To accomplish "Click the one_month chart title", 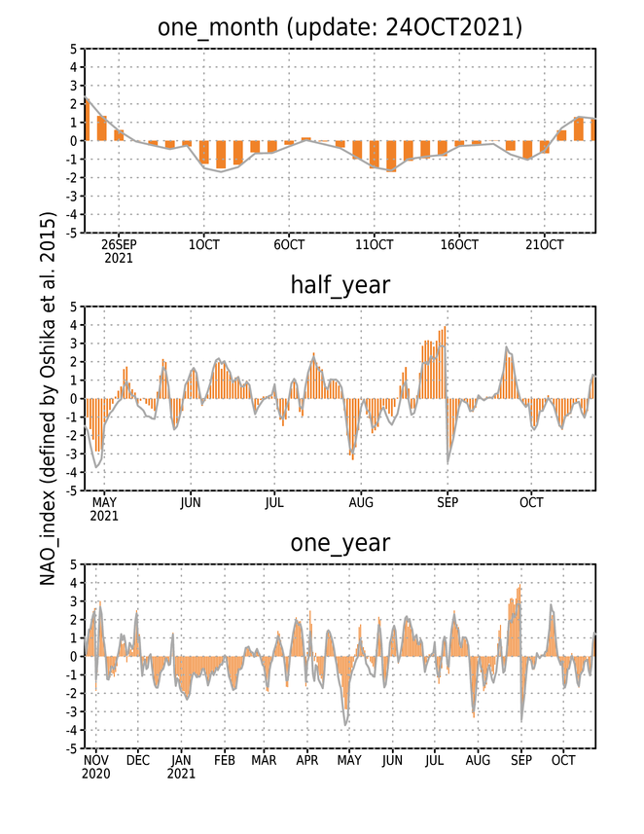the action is (x=340, y=27).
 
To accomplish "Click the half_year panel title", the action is (x=340, y=285).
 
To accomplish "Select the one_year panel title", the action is (x=340, y=543).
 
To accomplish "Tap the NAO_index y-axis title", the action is (x=48, y=399).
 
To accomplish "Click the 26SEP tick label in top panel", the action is (x=119, y=244).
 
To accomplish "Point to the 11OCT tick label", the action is (x=374, y=244).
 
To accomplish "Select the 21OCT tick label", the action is (x=544, y=244).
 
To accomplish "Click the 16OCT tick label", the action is (x=459, y=244).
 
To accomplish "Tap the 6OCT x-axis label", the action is (x=289, y=244).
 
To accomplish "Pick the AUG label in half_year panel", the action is (x=361, y=502).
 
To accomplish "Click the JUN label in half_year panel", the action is (x=190, y=502).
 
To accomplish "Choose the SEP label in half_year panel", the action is (x=447, y=502).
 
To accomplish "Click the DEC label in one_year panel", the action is (x=138, y=761).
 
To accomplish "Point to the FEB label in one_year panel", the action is (x=225, y=761).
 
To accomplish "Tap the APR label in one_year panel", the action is (x=306, y=761).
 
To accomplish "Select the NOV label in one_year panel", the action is (x=96, y=761).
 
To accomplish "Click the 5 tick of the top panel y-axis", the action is (x=73, y=50).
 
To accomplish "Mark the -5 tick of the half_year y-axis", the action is (x=71, y=490).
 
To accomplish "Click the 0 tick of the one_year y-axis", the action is (x=73, y=656).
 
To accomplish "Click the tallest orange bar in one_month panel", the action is (x=87, y=119).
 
